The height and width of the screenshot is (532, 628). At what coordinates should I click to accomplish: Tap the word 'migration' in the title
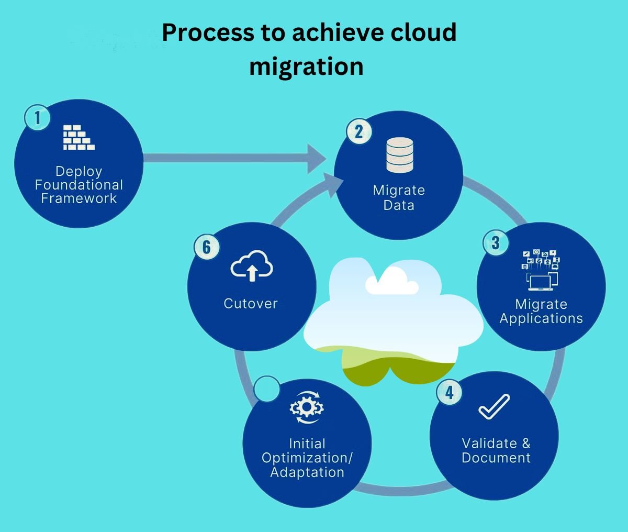[x=306, y=66]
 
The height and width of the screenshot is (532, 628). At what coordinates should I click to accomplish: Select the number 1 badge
[x=37, y=117]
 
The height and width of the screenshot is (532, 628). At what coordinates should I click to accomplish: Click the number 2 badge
[x=358, y=131]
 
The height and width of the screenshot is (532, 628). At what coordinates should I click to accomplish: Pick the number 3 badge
[x=495, y=243]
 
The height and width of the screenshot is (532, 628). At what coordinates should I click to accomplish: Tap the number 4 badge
[x=449, y=392]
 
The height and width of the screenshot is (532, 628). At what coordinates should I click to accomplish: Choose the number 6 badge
[x=207, y=247]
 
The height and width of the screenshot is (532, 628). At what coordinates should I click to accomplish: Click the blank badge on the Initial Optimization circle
[x=267, y=389]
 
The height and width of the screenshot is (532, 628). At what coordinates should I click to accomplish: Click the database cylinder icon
[x=399, y=155]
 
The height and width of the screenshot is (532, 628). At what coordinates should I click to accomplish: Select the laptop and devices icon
[x=541, y=270]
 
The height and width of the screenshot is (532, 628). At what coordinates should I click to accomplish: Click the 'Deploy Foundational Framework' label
[x=79, y=185]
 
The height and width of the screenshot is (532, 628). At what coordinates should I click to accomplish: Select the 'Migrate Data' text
[x=399, y=197]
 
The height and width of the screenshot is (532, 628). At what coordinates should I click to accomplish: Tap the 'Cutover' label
[x=251, y=303]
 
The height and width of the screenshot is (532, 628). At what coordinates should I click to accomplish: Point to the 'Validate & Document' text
[x=496, y=450]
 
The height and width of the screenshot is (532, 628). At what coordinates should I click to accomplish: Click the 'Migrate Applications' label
[x=541, y=311]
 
